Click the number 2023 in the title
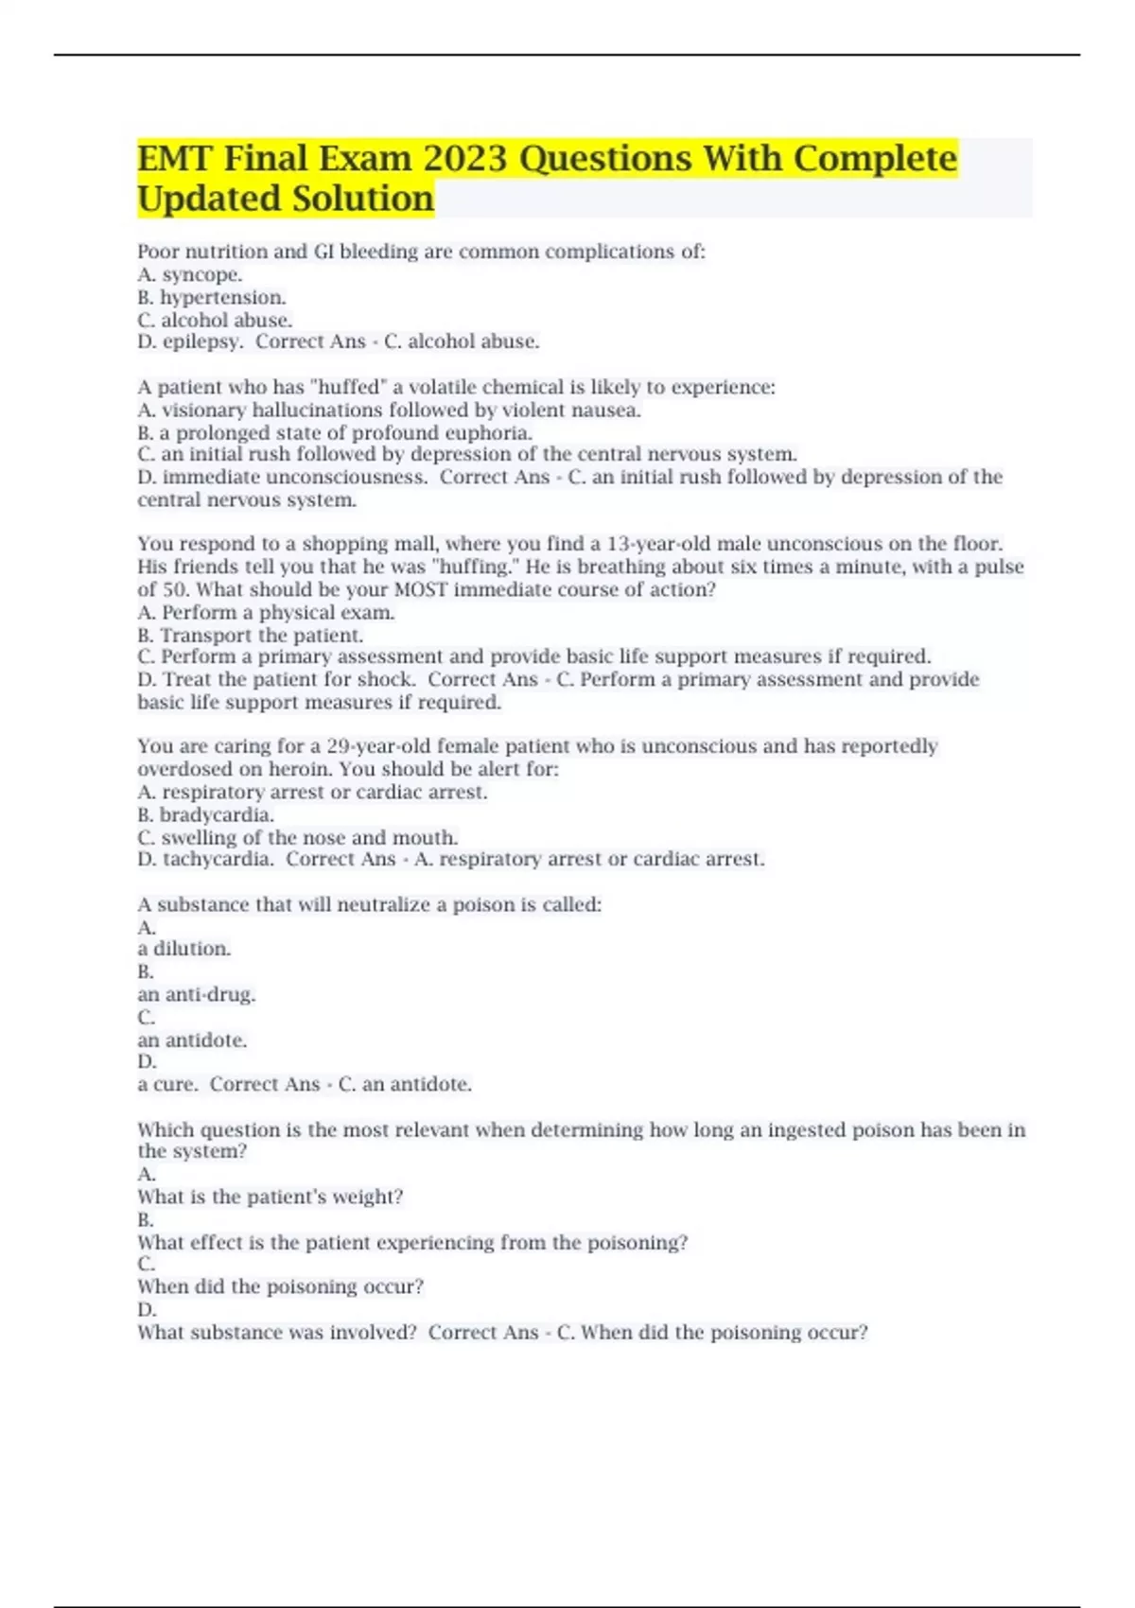click(464, 159)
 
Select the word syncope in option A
click(201, 275)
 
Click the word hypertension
click(222, 298)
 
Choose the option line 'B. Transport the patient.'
click(251, 636)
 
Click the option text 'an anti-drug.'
click(197, 994)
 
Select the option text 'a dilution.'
click(184, 949)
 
